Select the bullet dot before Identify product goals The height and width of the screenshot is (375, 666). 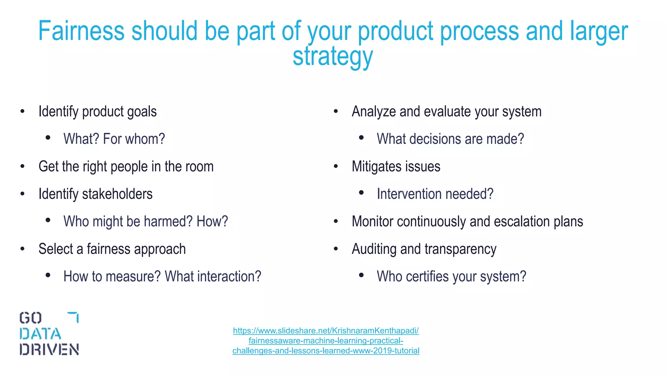[22, 112]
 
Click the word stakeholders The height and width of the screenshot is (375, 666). [117, 194]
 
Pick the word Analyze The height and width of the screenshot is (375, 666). [374, 112]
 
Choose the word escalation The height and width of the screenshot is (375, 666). [522, 222]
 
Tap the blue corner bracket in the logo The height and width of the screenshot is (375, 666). [74, 316]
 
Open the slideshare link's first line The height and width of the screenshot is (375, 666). [326, 331]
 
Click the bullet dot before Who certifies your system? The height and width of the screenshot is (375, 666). [361, 275]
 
